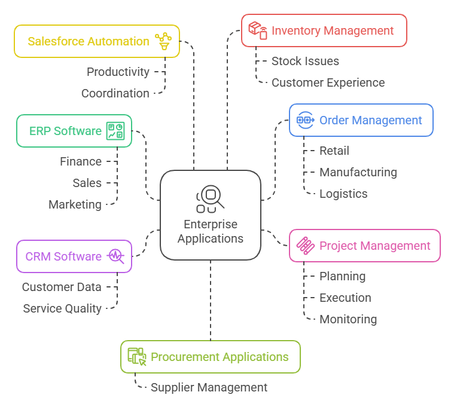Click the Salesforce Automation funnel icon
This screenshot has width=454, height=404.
point(163,41)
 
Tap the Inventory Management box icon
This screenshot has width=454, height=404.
point(258,30)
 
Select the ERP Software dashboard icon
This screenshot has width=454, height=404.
point(115,131)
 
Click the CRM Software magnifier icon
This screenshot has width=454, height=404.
point(115,256)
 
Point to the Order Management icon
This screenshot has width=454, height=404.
point(306,120)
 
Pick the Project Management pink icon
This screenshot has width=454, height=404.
point(306,246)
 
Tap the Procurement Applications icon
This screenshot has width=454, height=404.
point(137,357)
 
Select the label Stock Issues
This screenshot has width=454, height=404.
point(305,61)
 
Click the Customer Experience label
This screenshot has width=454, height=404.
point(328,82)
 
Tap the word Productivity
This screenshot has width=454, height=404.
point(118,72)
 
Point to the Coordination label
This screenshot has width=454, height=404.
point(115,93)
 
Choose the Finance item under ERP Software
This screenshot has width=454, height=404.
point(81,161)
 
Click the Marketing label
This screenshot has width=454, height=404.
point(75,204)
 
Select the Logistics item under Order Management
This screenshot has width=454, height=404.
point(343,194)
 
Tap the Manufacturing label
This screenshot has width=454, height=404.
point(358,172)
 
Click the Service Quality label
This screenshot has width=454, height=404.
point(62,308)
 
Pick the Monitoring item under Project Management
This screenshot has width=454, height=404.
point(348,319)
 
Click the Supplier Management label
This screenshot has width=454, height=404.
point(209,387)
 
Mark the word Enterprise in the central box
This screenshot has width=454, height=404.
point(211,225)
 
